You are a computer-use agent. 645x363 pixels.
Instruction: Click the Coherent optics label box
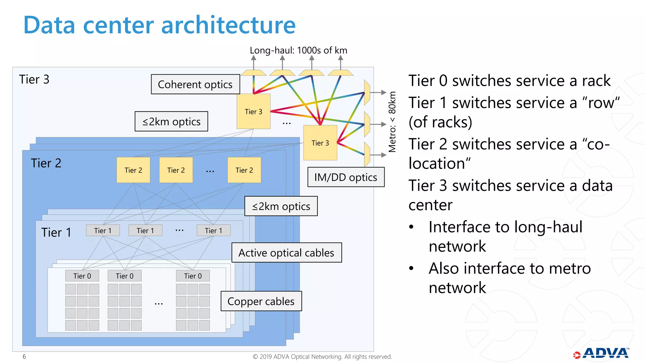195,84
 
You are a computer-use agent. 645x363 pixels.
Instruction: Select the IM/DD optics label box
346,177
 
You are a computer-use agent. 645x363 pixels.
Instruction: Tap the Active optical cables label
286,253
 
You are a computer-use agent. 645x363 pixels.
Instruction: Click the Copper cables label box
261,301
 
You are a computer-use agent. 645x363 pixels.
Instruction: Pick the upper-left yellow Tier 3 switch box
254,112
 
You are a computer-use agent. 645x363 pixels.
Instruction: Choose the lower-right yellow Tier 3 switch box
320,143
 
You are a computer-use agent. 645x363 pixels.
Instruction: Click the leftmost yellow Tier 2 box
133,170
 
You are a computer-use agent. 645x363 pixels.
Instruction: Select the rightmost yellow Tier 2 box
244,170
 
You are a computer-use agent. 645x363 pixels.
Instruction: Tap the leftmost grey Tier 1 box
103,231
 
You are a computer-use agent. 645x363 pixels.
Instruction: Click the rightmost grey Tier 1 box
214,231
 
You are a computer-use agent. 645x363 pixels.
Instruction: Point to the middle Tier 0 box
124,276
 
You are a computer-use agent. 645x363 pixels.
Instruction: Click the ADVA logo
602,354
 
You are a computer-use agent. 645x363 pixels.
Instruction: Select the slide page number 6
24,356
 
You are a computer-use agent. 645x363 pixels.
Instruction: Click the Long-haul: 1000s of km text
298,50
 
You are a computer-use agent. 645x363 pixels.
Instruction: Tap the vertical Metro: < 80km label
392,122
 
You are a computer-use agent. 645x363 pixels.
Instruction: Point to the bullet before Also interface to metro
411,268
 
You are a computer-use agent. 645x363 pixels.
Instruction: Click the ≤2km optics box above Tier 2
171,122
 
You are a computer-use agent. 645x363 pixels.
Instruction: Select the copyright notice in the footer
322,357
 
